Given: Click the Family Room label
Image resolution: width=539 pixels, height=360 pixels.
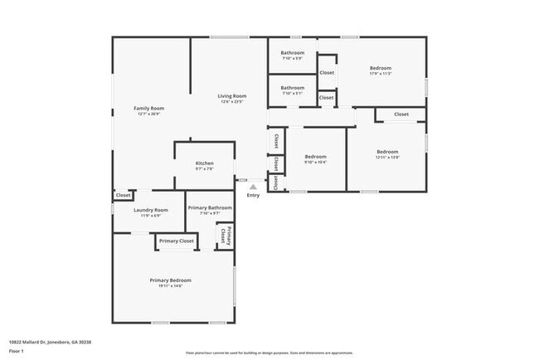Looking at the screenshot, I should coord(150,109).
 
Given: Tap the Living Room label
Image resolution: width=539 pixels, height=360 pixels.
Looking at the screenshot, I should coord(232,95).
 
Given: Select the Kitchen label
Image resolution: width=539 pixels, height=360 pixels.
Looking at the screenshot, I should coord(205,163).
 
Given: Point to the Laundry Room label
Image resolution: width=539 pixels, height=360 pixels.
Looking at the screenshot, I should coord(151,210).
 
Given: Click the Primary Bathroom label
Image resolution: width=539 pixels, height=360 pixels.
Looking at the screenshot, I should coord(210,207).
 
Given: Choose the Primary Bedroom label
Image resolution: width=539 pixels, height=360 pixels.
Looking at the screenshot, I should coord(171,280).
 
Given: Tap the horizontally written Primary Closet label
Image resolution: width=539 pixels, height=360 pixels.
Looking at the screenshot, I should coord(177,241).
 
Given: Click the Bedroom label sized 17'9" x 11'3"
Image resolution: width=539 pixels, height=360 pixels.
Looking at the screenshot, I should coord(381,68).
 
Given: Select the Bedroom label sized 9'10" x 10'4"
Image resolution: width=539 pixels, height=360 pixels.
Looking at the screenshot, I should coord(315,157).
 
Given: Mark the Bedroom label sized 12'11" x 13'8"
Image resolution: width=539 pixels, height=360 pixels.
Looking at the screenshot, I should coord(387,152).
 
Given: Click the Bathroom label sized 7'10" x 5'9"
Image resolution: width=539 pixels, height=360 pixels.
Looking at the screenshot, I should coord(292,54).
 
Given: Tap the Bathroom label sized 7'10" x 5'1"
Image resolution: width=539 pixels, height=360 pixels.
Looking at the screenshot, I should coord(292,88).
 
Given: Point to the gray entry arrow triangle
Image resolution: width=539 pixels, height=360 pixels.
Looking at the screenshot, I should coord(253,187).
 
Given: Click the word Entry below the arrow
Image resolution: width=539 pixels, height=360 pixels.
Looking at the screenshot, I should coord(253,195).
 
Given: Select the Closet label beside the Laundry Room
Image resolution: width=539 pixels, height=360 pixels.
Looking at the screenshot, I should coord(123,195).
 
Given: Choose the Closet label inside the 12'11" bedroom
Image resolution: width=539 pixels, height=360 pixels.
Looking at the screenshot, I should coord(401,114).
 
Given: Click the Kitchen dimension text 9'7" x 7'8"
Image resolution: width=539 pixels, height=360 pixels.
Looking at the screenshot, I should coord(205,169).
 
